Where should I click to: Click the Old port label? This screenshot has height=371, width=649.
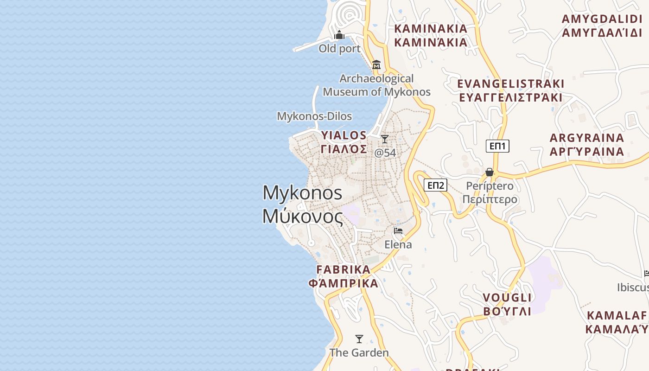click(x=339, y=49)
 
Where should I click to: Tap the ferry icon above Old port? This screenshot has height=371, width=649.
click(x=339, y=35)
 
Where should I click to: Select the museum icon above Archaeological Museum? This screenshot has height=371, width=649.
click(x=376, y=64)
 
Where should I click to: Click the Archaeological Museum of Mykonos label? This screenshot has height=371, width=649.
click(x=376, y=85)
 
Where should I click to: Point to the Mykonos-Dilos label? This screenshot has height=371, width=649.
click(x=314, y=116)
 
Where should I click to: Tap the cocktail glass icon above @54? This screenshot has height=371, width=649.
click(x=385, y=139)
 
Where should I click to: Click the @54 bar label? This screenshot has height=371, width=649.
click(x=385, y=153)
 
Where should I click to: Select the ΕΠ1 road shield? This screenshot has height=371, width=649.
click(x=498, y=146)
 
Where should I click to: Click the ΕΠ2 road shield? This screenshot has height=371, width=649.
click(x=436, y=185)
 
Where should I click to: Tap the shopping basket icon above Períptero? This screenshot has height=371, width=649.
click(x=490, y=173)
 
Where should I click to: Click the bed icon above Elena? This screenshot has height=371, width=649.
click(x=398, y=231)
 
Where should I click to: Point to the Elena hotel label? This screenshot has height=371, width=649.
click(x=398, y=244)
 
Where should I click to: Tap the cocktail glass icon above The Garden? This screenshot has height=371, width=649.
click(x=359, y=339)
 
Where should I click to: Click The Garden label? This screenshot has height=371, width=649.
click(x=359, y=353)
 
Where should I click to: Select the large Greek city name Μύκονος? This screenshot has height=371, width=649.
click(x=303, y=217)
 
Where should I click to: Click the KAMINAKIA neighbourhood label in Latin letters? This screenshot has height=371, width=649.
click(x=431, y=29)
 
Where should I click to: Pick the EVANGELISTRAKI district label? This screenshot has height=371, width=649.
click(x=511, y=84)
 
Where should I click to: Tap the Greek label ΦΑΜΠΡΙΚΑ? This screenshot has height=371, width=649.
click(x=344, y=283)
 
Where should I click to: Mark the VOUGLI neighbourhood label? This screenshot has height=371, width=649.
click(x=507, y=297)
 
